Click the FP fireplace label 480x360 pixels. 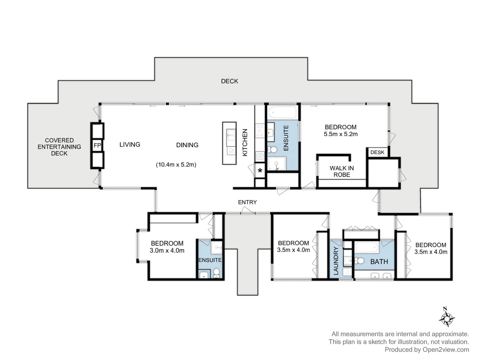97,145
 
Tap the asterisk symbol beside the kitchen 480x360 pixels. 260,170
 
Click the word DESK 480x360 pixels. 377,152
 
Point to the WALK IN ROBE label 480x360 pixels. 342,171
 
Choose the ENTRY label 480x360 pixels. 247,202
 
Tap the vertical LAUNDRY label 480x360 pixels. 336,261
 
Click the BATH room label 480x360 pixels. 379,262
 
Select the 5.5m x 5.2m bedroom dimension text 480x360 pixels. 340,134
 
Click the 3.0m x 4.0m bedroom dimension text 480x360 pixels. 167,250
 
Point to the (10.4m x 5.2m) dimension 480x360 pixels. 176,165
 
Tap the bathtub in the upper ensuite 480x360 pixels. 282,112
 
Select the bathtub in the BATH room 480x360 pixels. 367,247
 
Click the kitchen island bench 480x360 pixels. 229,143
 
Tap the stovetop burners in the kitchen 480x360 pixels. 260,131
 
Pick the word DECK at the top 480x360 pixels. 229,81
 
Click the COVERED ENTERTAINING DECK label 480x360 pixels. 59,147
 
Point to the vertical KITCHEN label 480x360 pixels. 245,142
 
